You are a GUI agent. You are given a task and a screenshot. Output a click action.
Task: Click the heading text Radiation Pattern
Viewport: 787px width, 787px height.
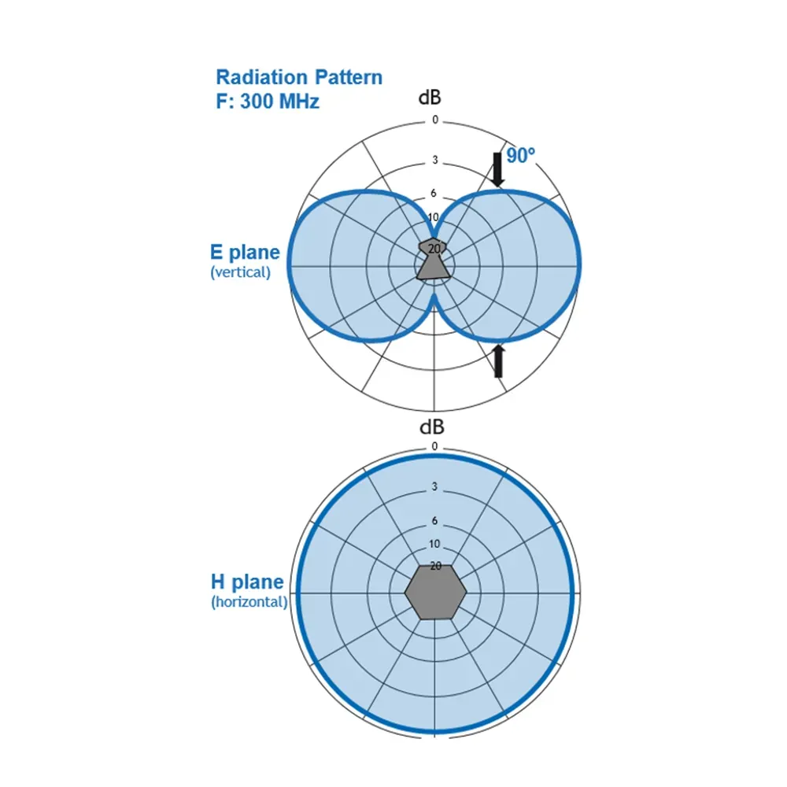(299, 77)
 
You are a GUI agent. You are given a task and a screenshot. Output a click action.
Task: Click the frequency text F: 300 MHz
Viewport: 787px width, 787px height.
(268, 101)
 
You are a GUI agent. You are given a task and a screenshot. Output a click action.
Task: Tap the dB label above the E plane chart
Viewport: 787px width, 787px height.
(430, 99)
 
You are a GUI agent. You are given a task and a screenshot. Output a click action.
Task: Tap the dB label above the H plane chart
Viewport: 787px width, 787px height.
(431, 427)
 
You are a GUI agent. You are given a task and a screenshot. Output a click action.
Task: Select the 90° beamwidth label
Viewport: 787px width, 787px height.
(520, 156)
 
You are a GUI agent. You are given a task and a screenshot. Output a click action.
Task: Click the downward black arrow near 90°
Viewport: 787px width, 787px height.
(497, 170)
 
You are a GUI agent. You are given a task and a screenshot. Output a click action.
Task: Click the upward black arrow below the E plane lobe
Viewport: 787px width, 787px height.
(497, 361)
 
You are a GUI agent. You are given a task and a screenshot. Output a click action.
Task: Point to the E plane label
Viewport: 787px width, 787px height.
(245, 253)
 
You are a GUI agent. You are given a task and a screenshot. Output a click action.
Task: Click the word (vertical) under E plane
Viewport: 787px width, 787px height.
(240, 272)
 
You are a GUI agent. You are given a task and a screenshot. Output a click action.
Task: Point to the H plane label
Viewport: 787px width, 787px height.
(246, 582)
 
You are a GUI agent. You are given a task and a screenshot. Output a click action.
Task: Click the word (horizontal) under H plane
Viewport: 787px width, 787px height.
(249, 602)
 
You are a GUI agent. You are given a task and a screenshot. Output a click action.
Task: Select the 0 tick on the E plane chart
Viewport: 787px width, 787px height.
(434, 120)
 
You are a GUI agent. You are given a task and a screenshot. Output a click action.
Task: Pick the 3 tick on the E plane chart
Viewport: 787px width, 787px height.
(434, 161)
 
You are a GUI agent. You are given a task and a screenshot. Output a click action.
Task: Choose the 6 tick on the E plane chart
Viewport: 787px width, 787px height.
(434, 194)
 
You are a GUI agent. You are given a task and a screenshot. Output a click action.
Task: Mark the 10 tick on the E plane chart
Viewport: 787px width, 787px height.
(434, 217)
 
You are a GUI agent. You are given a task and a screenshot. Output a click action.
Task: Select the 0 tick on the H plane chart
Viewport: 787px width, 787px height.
(434, 446)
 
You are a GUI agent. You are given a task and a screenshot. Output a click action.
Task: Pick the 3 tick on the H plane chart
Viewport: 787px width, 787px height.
(434, 487)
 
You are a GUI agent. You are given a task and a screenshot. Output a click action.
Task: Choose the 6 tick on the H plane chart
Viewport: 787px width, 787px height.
(434, 521)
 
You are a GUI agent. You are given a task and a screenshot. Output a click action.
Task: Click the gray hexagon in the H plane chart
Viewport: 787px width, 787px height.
(435, 592)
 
